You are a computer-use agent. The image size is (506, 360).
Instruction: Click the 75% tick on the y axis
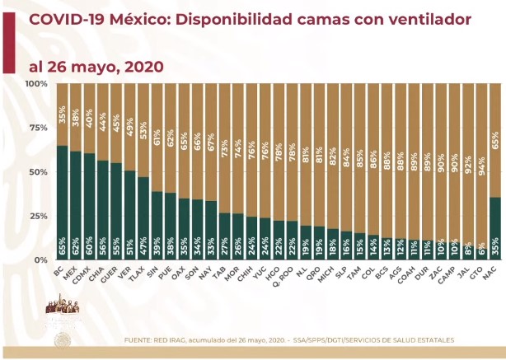point(36,128)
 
